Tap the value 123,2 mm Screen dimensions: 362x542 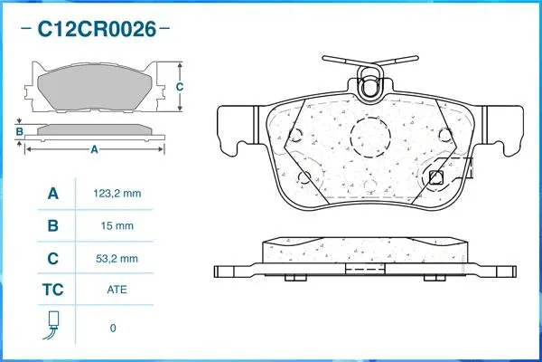(x=117, y=193)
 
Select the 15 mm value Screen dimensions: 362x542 (x=117, y=225)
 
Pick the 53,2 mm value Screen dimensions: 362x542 (x=117, y=259)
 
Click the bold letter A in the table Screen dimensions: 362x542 (x=52, y=193)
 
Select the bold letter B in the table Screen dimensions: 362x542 (x=52, y=225)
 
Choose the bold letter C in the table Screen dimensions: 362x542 (x=52, y=259)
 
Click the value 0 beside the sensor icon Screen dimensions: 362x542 (x=113, y=328)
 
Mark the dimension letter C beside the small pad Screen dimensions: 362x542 (x=180, y=87)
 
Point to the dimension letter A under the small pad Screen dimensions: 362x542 (x=94, y=150)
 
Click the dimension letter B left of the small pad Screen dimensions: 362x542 (x=19, y=132)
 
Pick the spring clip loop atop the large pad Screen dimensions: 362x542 (x=370, y=87)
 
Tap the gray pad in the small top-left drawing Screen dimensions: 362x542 (x=95, y=87)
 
